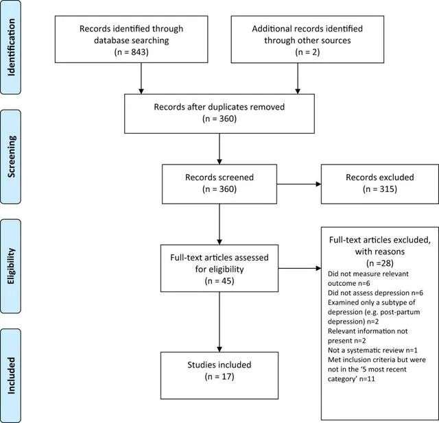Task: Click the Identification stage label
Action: pos(11,47)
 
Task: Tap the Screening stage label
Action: pos(11,157)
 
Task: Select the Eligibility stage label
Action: pos(11,266)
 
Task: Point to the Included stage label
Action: pos(11,376)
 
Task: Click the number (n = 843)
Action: pos(131,52)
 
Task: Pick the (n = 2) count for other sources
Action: pos(307,52)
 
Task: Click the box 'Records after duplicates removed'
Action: pos(219,114)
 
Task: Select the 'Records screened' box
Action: pos(219,184)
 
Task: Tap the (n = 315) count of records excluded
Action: pos(380,189)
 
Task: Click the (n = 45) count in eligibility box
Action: pos(219,280)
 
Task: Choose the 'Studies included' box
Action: pos(219,376)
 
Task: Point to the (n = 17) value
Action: pos(219,376)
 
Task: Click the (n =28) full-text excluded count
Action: pos(380,263)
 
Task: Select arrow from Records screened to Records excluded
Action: pos(299,184)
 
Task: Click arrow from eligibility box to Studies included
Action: pos(219,322)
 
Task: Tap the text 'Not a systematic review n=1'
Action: pos(372,350)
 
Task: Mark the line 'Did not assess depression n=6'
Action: pos(375,293)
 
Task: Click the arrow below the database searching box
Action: pos(141,78)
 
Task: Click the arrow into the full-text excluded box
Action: pos(300,268)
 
